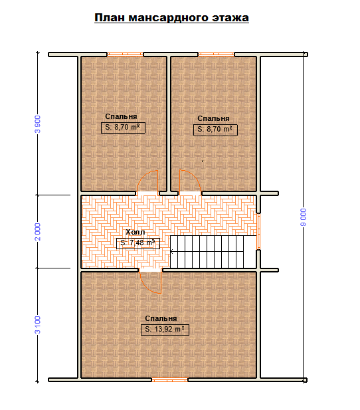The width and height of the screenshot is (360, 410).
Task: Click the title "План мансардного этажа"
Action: pos(171,18)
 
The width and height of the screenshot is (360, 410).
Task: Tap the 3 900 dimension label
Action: pos(38,124)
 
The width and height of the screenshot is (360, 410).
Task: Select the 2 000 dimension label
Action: pos(38,232)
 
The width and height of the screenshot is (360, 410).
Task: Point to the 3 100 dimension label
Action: pos(38,325)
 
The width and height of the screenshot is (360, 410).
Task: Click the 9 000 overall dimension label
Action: pos(304,217)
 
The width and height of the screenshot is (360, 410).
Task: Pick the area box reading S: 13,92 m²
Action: pos(165,330)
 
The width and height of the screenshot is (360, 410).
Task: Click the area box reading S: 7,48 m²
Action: pos(138,243)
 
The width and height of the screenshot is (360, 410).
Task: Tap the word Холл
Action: pos(135,232)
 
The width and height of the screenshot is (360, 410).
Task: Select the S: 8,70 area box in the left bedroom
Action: pos(123,128)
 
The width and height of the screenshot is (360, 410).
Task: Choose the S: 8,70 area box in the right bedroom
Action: pos(215,130)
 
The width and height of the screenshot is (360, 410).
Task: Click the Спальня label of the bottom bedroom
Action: pos(161,318)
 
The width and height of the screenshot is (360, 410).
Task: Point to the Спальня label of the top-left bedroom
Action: pos(121,116)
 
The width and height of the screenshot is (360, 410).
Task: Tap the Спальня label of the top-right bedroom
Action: pos(213,118)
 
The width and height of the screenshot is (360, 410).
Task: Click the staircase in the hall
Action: pos(213,252)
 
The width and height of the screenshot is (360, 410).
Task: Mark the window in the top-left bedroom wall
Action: pos(126,54)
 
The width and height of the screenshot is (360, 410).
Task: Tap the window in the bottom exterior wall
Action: pos(169,379)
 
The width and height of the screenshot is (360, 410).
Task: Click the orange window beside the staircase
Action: pos(258,231)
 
